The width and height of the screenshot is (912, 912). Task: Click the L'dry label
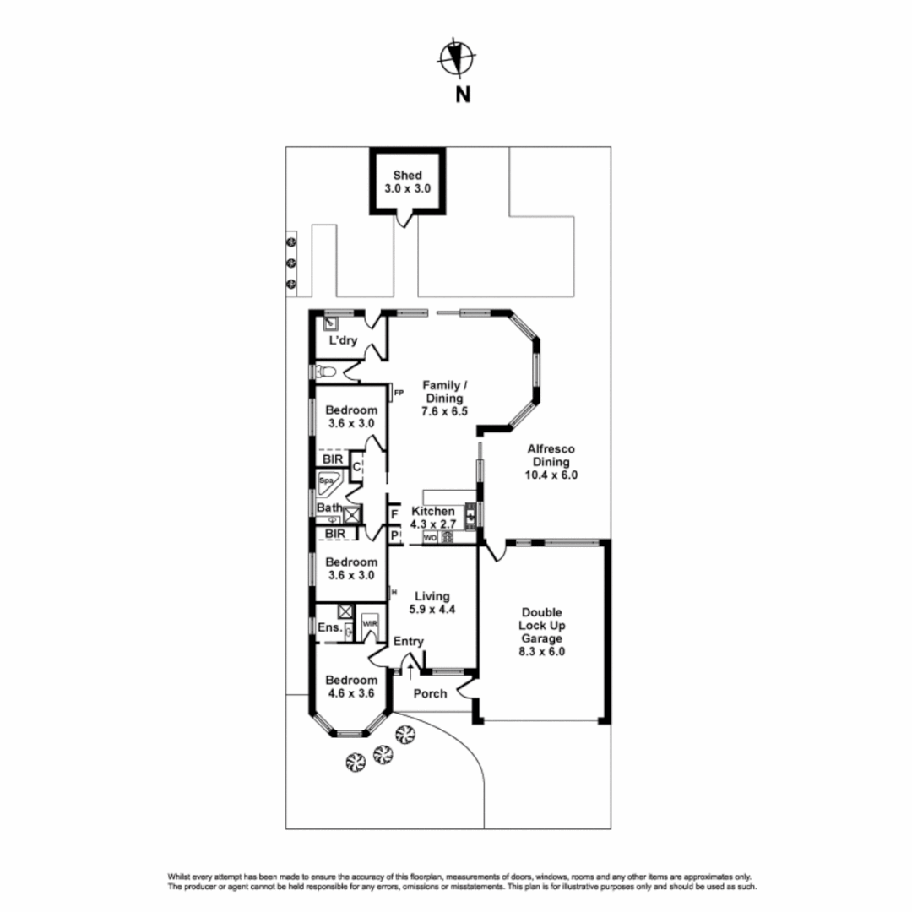pyautogui.click(x=343, y=340)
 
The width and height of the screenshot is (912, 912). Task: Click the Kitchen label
pyautogui.click(x=433, y=512)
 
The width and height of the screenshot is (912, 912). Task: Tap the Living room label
pyautogui.click(x=432, y=596)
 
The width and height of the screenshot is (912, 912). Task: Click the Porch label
pyautogui.click(x=430, y=694)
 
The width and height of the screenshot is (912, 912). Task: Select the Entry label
pyautogui.click(x=408, y=642)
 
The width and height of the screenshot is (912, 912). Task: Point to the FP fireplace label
pyautogui.click(x=399, y=393)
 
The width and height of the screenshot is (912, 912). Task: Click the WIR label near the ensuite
pyautogui.click(x=369, y=624)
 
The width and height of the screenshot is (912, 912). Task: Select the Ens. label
pyautogui.click(x=329, y=627)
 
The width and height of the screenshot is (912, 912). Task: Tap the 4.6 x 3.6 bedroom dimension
pyautogui.click(x=351, y=694)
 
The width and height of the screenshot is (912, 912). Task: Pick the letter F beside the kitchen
pyautogui.click(x=394, y=513)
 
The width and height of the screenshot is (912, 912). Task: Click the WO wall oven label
pyautogui.click(x=430, y=537)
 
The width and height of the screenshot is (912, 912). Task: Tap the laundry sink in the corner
pyautogui.click(x=331, y=323)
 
